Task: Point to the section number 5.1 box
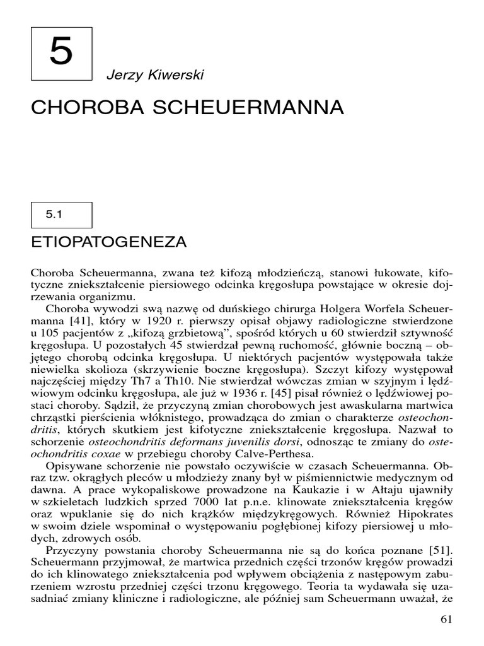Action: (x=61, y=215)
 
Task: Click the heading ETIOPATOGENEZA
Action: (x=109, y=242)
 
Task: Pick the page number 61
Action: (x=446, y=619)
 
